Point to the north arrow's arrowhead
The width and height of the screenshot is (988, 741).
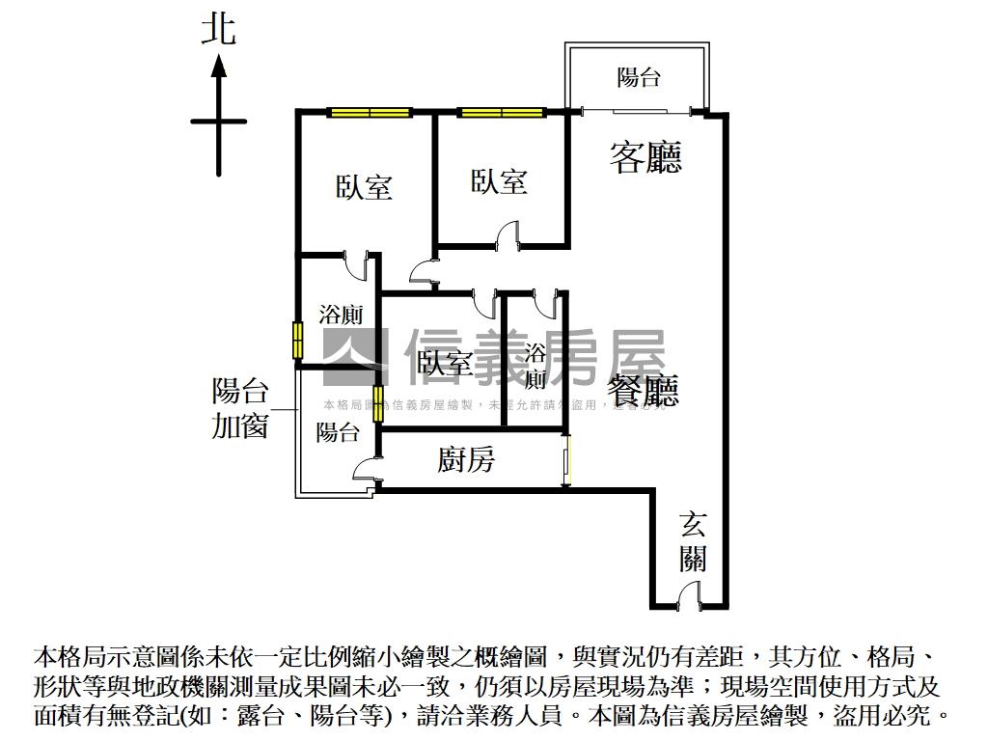(x=219, y=66)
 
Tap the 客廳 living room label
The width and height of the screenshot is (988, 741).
(x=645, y=156)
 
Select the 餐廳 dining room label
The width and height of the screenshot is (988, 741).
(x=643, y=391)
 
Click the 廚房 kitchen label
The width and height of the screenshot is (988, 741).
(x=466, y=460)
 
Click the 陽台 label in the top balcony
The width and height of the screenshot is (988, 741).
(x=638, y=77)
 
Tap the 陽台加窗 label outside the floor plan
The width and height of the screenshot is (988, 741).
(x=239, y=408)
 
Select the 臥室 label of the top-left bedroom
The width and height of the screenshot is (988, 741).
(x=364, y=186)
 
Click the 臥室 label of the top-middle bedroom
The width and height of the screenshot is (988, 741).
(x=499, y=180)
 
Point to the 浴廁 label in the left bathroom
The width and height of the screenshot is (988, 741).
(x=340, y=315)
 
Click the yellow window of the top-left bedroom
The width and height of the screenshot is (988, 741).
(x=370, y=112)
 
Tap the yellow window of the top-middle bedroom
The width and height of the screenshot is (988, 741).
(x=501, y=112)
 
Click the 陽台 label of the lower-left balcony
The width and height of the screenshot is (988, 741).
(x=338, y=432)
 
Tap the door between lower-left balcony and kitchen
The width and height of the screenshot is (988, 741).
(x=367, y=470)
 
